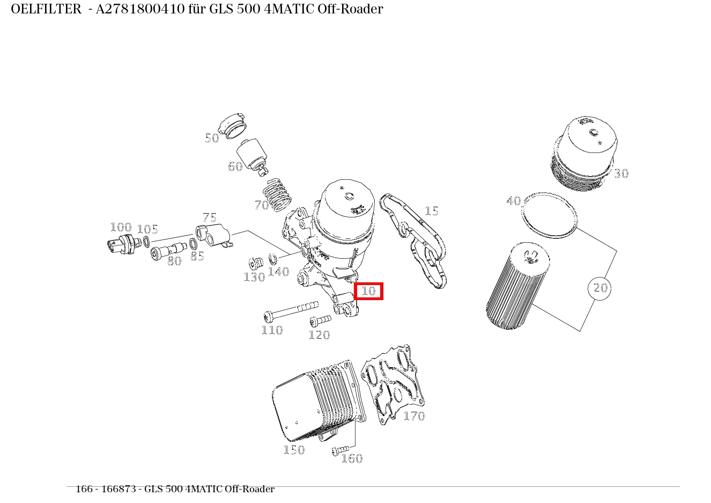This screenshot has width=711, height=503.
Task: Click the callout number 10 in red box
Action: (368, 291)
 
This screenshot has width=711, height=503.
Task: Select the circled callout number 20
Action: (599, 288)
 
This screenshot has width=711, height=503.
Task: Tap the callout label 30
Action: (621, 173)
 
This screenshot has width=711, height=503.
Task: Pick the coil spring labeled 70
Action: (278, 194)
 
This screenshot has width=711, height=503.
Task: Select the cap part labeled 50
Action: (234, 126)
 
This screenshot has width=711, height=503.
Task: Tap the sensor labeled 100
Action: (120, 244)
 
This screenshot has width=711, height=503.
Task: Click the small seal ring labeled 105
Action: (146, 242)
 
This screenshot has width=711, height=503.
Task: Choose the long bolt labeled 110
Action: (290, 310)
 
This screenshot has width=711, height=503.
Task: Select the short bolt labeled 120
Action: (320, 320)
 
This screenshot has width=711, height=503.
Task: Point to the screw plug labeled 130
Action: (255, 264)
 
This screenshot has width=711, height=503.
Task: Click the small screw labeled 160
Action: (340, 449)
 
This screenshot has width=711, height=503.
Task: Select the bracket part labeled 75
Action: (213, 236)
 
